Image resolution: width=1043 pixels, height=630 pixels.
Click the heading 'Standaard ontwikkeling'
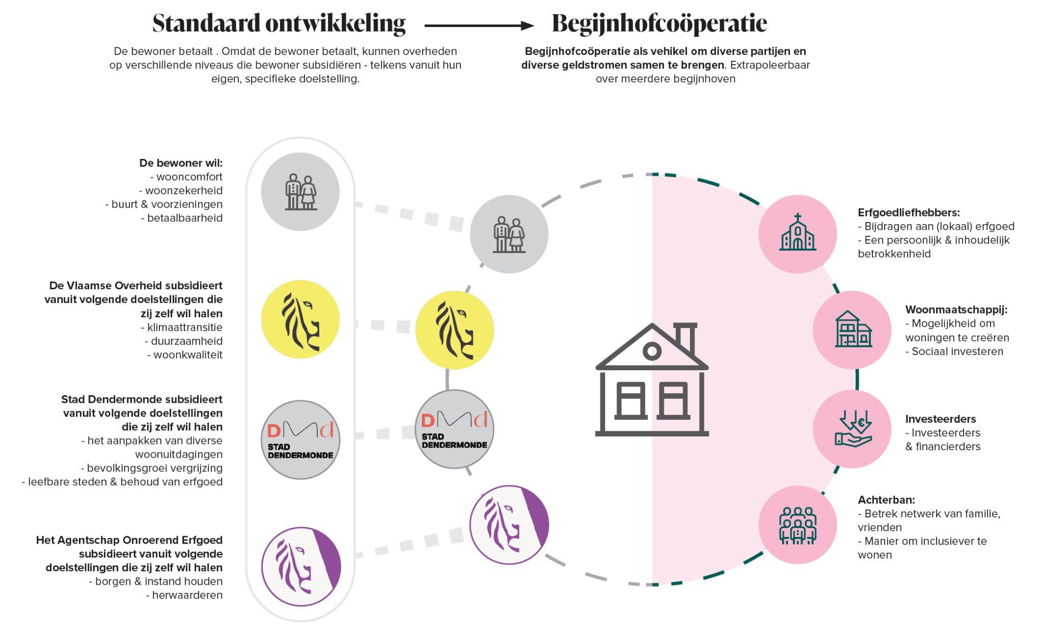click(x=279, y=23)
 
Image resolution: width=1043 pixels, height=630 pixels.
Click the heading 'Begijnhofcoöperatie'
click(x=659, y=23)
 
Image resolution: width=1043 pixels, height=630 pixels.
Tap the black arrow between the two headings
click(x=479, y=25)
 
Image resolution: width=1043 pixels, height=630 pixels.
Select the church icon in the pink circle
click(x=798, y=234)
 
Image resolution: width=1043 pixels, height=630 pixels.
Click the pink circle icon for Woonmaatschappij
click(x=852, y=330)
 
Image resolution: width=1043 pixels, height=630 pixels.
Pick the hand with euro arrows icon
click(x=852, y=429)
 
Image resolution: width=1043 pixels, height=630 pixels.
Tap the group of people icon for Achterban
click(x=798, y=525)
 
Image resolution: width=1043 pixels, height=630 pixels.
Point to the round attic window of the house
click(x=652, y=351)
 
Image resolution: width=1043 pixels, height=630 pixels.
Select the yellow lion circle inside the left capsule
click(x=300, y=319)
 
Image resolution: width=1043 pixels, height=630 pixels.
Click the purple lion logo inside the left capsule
click(x=300, y=566)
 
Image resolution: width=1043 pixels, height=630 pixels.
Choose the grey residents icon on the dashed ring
click(x=509, y=234)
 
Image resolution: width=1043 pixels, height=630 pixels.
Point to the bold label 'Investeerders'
click(x=940, y=419)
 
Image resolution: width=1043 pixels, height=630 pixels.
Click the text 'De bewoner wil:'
click(x=181, y=163)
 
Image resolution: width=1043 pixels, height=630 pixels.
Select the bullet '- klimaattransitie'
click(x=181, y=327)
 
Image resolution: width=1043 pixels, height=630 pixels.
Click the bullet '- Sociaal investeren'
click(x=954, y=351)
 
